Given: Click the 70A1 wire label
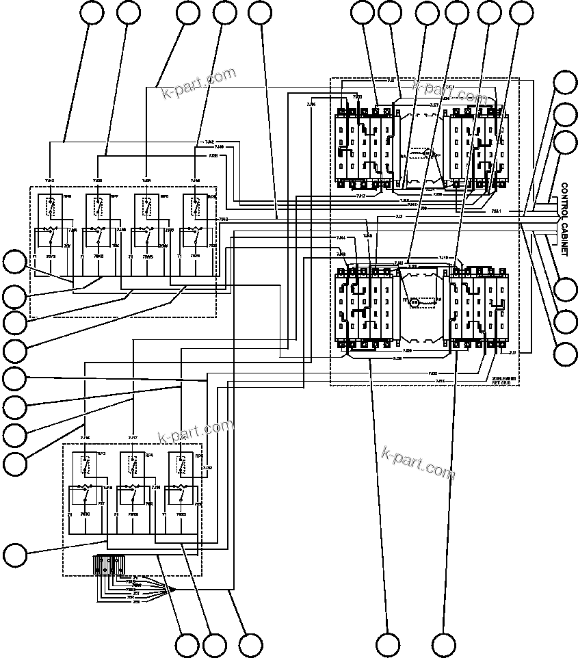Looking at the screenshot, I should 496,211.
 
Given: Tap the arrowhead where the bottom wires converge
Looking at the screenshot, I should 172,590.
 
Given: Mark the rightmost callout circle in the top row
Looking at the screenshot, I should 523,13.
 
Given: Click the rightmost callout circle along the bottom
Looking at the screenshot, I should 444,644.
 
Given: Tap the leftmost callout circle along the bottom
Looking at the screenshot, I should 187,644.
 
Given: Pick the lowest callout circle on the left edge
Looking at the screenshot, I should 14,552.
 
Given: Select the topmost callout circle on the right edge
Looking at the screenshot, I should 565,82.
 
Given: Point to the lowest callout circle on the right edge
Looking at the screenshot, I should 565,354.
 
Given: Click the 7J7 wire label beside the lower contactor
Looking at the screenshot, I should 513,352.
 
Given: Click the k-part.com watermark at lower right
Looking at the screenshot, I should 419,463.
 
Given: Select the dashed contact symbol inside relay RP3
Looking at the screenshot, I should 86,465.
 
